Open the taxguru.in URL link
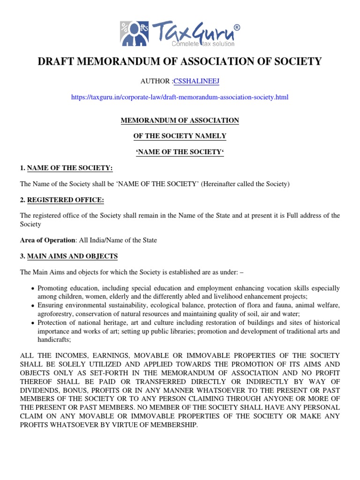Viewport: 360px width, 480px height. point(180,97)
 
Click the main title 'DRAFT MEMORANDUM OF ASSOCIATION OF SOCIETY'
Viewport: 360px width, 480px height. point(180,61)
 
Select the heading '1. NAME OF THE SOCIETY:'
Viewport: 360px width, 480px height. point(66,168)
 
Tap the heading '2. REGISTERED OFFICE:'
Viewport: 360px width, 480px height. point(62,200)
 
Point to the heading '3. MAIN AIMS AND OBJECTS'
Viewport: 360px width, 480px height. point(69,256)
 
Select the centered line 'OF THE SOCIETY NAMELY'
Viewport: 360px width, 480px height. point(180,136)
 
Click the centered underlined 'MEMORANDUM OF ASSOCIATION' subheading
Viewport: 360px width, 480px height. point(180,120)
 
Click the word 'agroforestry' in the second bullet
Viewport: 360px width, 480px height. point(54,314)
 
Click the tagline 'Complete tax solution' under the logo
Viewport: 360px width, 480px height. point(203,44)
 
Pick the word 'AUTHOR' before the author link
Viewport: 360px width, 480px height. point(156,82)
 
